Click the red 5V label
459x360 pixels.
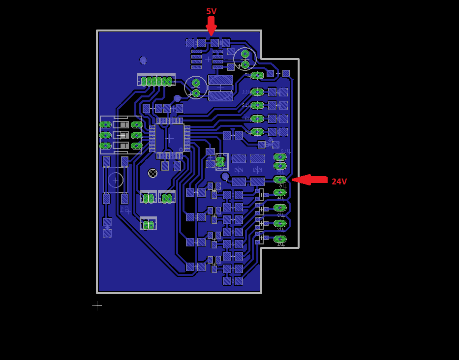[x=211, y=11]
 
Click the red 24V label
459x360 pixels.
[x=339, y=181]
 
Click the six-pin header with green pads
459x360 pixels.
[x=156, y=80]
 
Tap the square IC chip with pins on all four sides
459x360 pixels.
[x=170, y=138]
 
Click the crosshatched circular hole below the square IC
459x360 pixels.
[x=153, y=173]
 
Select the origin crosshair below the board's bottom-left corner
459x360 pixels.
[x=97, y=305]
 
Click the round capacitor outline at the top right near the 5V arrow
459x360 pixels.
[x=245, y=59]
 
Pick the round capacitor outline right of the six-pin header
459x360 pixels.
[x=196, y=88]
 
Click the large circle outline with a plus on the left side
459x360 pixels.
[x=116, y=180]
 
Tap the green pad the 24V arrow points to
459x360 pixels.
[x=280, y=180]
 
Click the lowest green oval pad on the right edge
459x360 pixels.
[x=280, y=239]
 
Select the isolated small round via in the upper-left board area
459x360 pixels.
[x=143, y=60]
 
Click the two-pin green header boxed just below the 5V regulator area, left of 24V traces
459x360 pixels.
[x=221, y=161]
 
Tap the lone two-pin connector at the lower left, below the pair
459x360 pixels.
[x=148, y=224]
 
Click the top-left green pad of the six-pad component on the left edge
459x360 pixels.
[x=105, y=125]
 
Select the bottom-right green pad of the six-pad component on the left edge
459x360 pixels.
[x=137, y=146]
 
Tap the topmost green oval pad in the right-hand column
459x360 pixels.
[x=257, y=75]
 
